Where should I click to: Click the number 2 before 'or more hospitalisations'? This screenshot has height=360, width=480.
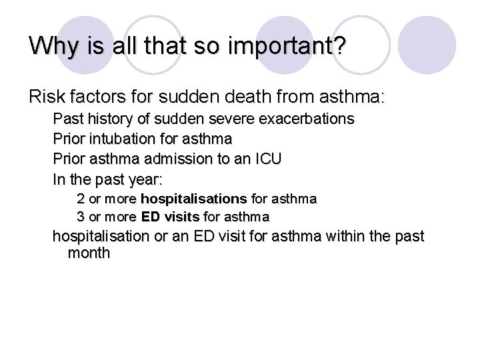click(81, 199)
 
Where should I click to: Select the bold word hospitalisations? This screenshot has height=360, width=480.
click(194, 199)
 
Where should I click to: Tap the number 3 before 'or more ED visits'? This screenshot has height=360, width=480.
click(81, 217)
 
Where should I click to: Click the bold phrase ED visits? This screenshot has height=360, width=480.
click(170, 217)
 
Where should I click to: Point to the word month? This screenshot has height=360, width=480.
click(89, 253)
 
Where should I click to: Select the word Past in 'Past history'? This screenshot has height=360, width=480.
click(67, 119)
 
